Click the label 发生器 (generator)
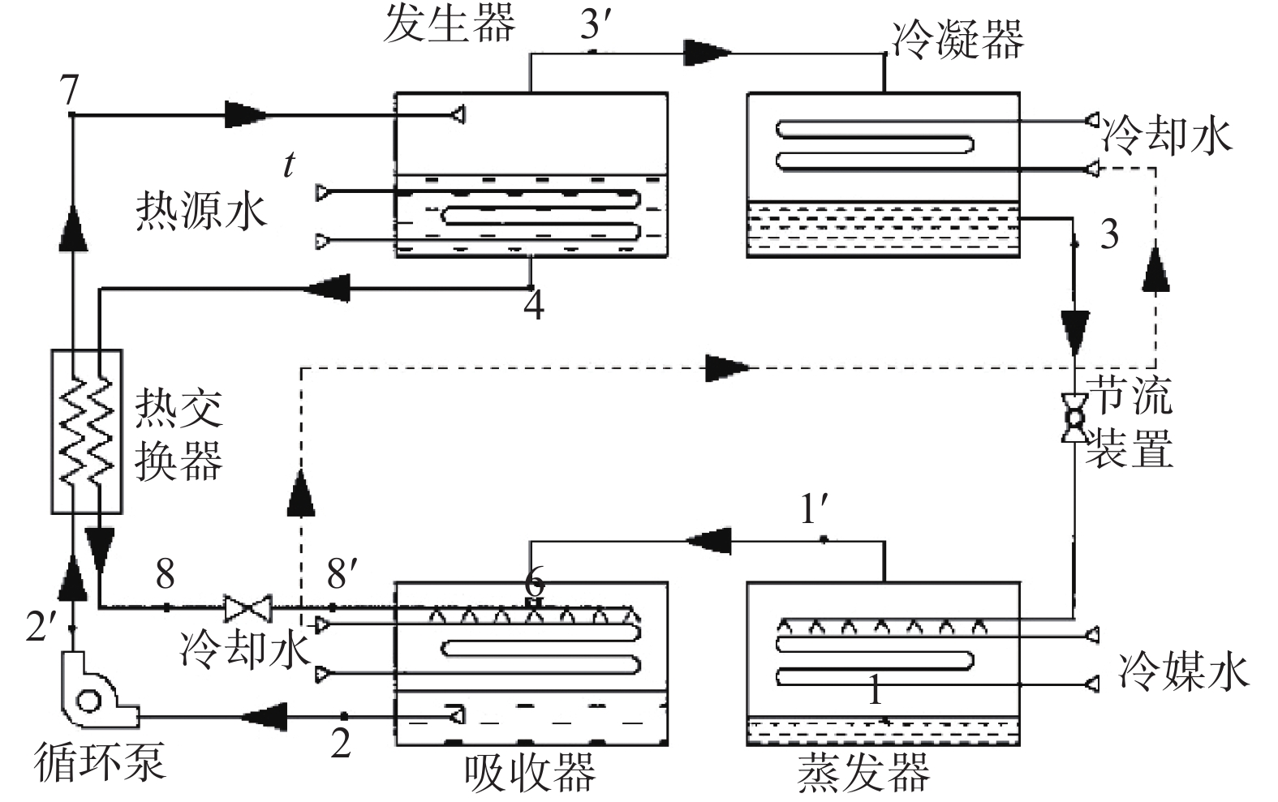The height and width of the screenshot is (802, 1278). (449, 23)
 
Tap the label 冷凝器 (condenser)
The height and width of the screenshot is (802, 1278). (957, 39)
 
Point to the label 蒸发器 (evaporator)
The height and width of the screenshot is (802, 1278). (863, 773)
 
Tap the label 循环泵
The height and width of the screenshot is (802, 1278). (99, 763)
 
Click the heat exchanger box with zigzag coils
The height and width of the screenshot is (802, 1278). (86, 431)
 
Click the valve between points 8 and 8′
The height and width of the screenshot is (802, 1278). (247, 607)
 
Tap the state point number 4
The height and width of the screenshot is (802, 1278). (533, 307)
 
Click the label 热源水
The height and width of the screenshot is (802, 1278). (200, 212)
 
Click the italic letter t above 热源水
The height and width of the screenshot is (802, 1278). (289, 165)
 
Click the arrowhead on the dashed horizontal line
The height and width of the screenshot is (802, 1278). (727, 367)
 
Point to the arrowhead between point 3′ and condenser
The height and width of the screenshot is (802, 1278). (707, 53)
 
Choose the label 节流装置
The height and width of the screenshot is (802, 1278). (1130, 422)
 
